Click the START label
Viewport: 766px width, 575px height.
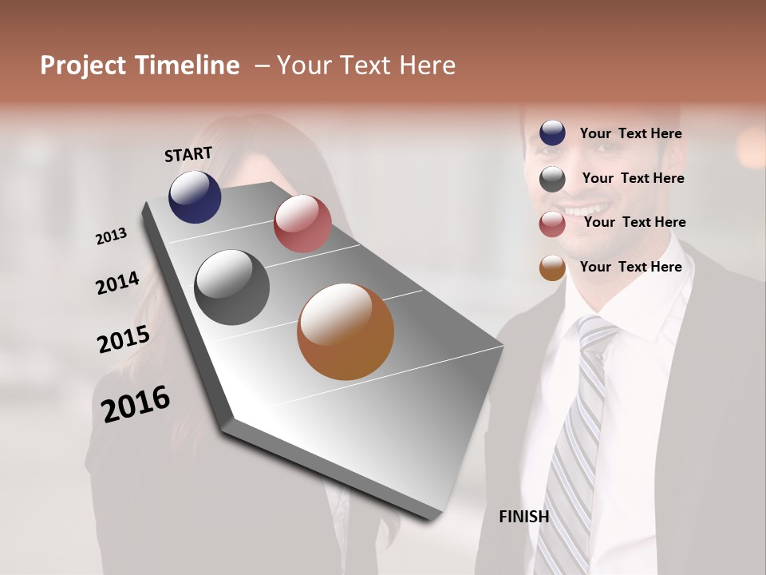coord(188,154)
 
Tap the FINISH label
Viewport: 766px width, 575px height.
coord(523,517)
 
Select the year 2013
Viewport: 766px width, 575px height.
coord(112,236)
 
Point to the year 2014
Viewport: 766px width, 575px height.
coord(118,284)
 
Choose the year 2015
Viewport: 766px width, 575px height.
coord(124,339)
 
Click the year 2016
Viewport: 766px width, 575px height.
coord(136,404)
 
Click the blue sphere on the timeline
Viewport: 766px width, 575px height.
coord(195,196)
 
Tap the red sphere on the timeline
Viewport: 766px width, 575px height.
coord(302,224)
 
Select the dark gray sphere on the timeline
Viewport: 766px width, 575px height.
coord(231,287)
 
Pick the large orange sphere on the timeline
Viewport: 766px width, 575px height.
coord(345,331)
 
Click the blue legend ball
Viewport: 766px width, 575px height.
coord(552,133)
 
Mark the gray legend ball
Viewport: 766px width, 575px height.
coord(552,179)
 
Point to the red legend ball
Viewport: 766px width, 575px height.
coord(552,224)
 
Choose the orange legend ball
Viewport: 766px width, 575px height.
coord(552,268)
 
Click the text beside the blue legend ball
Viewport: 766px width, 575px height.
coord(630,133)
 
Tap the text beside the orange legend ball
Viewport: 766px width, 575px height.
coord(630,267)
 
